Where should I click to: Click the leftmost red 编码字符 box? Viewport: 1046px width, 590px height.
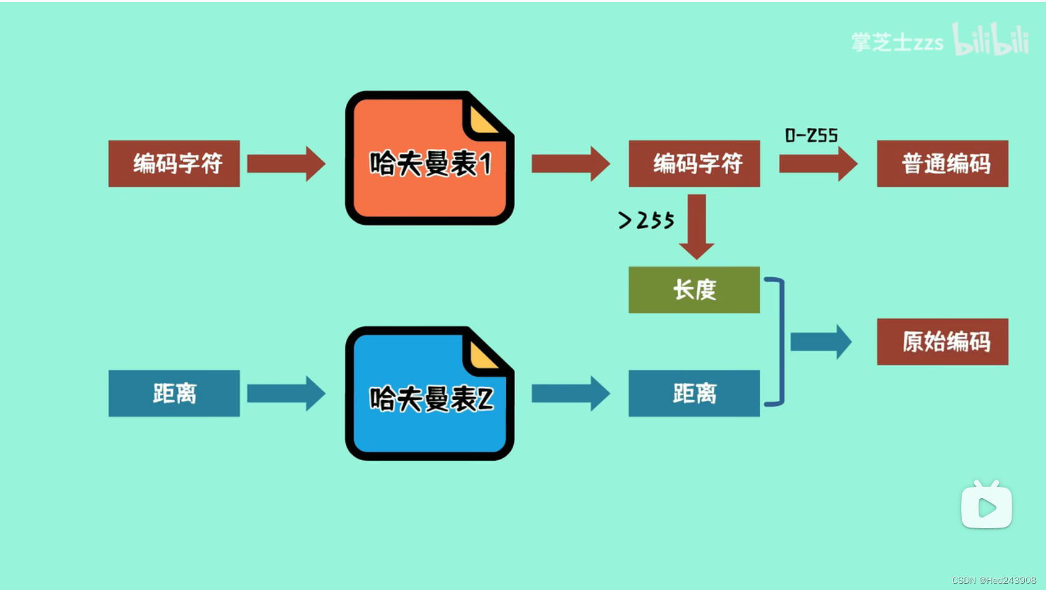pyautogui.click(x=174, y=164)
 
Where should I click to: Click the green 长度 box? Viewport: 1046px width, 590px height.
pyautogui.click(x=694, y=290)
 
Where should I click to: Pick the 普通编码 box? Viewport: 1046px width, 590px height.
pyautogui.click(x=942, y=164)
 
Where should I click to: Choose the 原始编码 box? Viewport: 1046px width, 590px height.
pyautogui.click(x=942, y=342)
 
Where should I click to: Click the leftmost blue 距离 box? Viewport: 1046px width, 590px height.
pyautogui.click(x=174, y=393)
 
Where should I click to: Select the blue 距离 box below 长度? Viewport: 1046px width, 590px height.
pyautogui.click(x=694, y=393)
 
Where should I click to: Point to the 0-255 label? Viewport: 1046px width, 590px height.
pyautogui.click(x=811, y=135)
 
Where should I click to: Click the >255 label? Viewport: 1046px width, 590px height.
pyautogui.click(x=646, y=220)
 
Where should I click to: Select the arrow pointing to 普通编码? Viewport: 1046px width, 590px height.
pyautogui.click(x=817, y=164)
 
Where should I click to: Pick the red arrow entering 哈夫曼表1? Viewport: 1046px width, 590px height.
pyautogui.click(x=285, y=164)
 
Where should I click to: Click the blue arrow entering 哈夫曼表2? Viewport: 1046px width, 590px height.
pyautogui.click(x=285, y=393)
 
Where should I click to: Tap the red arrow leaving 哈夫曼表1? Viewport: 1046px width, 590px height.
pyautogui.click(x=570, y=164)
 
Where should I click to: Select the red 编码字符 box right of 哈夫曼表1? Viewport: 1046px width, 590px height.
pyautogui.click(x=694, y=164)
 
